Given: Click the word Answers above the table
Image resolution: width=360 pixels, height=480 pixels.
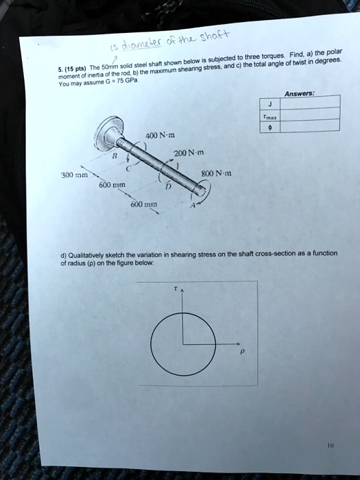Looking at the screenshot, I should click(x=297, y=95).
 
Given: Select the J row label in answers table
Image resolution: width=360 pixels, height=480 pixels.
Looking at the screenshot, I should click(x=270, y=106).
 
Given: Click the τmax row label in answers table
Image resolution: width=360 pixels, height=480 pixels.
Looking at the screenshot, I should click(x=271, y=116).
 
